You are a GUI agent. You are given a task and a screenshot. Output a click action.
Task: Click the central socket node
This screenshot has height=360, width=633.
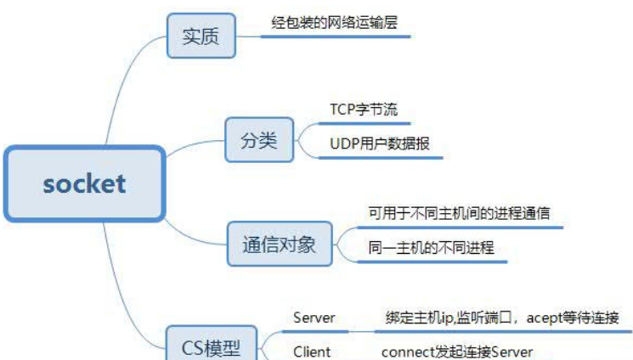[84, 183]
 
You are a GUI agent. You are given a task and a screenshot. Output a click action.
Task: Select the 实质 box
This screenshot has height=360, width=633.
[201, 37]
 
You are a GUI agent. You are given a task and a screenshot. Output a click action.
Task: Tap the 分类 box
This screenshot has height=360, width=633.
[258, 140]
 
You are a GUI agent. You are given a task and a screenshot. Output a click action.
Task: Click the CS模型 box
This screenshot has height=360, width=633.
[212, 346]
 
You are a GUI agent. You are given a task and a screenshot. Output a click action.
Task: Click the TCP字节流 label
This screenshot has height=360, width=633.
[364, 110]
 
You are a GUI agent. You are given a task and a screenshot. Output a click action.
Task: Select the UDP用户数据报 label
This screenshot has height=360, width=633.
[380, 143]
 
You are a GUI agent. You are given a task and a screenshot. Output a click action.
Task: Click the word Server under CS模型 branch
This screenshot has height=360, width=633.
[314, 318]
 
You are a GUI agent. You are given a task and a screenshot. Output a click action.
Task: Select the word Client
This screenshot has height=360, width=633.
[312, 351]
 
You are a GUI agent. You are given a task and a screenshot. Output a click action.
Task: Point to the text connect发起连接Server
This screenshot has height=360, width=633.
[457, 351]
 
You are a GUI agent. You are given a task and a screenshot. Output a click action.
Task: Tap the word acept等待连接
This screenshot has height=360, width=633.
[578, 318]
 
